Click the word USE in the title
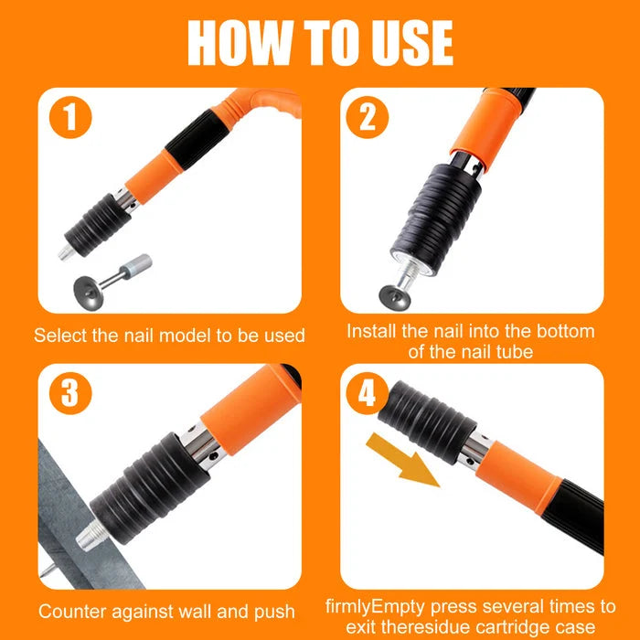(409, 41)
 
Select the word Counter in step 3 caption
(76, 611)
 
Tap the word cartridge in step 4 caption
(510, 628)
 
